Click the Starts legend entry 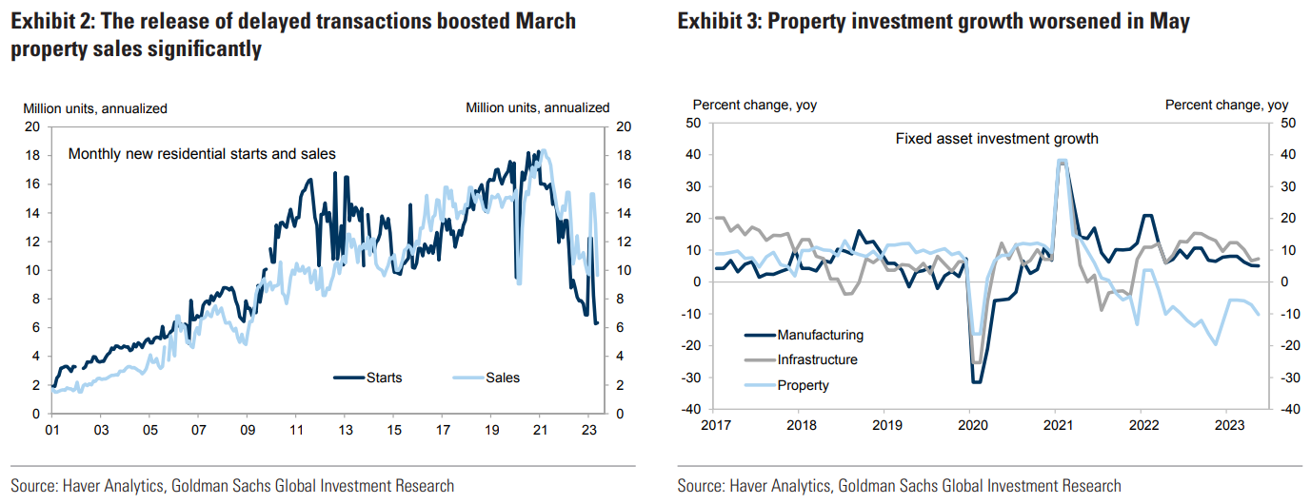coord(384,378)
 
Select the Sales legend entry coord(503,378)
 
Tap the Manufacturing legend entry coord(820,335)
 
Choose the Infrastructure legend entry coord(817,359)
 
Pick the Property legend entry coord(803,385)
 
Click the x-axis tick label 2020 coord(970,426)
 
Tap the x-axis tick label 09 coord(247,429)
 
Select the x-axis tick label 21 coord(540,429)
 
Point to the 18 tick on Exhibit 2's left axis coord(30,155)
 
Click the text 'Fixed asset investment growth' coord(997,139)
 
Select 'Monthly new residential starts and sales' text coord(202,153)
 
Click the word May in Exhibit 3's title coord(1170,21)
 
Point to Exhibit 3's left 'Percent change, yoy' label coord(754,106)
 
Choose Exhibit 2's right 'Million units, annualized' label coord(537,108)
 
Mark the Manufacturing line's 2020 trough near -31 coord(975,382)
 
